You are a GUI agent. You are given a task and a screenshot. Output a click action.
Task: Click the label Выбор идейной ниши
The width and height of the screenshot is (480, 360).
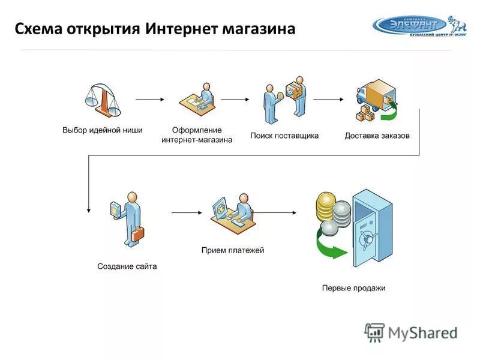coord(103,130)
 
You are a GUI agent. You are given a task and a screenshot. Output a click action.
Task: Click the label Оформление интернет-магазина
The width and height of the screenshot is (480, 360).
coord(197,135)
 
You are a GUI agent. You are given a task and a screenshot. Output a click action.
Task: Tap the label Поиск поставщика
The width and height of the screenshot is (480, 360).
coord(284,136)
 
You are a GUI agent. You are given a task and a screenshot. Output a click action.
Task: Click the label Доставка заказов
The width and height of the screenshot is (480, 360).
coord(377,136)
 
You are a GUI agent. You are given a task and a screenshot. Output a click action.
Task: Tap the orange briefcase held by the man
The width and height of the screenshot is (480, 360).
coord(139,235)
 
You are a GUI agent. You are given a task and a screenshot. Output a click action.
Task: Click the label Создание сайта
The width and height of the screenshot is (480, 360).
coord(127,266)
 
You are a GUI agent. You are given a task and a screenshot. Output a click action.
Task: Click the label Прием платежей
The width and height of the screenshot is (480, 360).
coord(233,250)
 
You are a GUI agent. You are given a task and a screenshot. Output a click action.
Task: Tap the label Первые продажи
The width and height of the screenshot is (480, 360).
coord(353,288)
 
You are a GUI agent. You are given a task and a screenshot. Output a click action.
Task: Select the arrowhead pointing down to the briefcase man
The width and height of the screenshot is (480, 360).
coord(88,209)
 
